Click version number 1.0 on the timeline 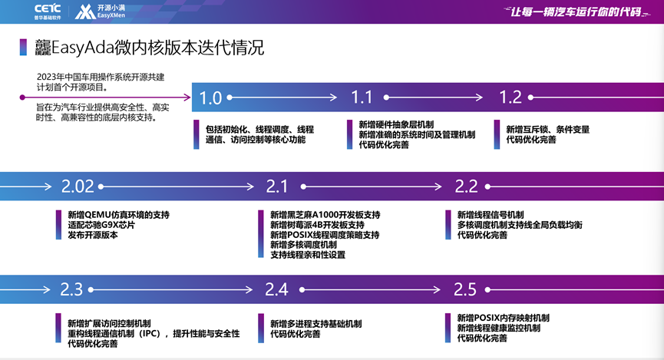210,97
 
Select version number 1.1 362,97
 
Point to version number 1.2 510,97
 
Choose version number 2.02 78,186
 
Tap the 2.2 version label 466,186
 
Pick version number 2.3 71,289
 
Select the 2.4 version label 276,289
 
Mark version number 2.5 465,289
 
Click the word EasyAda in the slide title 81,48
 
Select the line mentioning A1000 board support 325,215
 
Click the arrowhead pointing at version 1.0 188,97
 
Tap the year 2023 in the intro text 48,77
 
